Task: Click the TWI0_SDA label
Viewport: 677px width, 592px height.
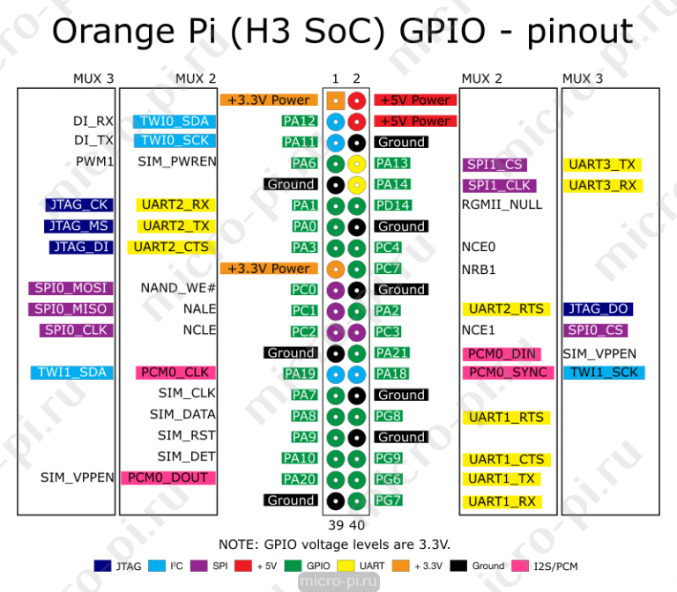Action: (175, 122)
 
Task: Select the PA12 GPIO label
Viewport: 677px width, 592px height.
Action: (300, 122)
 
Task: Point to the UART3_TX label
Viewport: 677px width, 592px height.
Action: (602, 165)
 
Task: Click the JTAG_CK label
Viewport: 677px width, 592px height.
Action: (78, 205)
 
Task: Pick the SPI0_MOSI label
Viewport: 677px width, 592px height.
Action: (71, 288)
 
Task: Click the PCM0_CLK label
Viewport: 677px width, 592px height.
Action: (172, 373)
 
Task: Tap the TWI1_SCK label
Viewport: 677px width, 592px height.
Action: (604, 373)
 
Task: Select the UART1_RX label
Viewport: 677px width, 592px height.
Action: (501, 501)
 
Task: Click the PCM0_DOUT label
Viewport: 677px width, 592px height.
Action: (167, 477)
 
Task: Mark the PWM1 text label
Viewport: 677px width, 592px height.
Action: (95, 162)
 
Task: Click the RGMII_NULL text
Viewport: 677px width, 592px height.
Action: (502, 204)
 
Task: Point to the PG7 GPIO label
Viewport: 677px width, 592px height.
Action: (388, 500)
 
